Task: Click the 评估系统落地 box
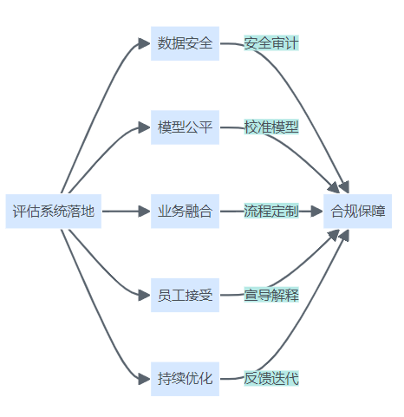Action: pyautogui.click(x=54, y=212)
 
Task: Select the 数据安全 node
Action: pyautogui.click(x=185, y=43)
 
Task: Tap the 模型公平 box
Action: pyautogui.click(x=185, y=127)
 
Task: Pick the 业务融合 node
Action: pyautogui.click(x=185, y=212)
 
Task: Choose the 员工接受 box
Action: pyautogui.click(x=185, y=295)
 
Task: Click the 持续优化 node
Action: pyautogui.click(x=185, y=379)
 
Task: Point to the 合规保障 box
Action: pyautogui.click(x=357, y=212)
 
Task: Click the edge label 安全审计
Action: pyautogui.click(x=271, y=43)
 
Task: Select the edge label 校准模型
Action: pyautogui.click(x=271, y=127)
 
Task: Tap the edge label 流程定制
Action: pyautogui.click(x=271, y=211)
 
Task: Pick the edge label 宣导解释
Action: pyautogui.click(x=271, y=295)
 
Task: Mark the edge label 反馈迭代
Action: pyautogui.click(x=271, y=379)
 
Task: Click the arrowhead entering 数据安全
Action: pyautogui.click(x=144, y=43)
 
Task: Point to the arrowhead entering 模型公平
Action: pyautogui.click(x=144, y=127)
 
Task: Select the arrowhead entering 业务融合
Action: pyautogui.click(x=144, y=212)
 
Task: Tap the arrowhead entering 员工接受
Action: pyautogui.click(x=144, y=295)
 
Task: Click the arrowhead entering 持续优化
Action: pyautogui.click(x=144, y=379)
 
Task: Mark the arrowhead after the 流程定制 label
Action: pyautogui.click(x=316, y=212)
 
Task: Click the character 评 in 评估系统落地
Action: pyautogui.click(x=18, y=212)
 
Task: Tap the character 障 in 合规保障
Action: pyautogui.click(x=378, y=212)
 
